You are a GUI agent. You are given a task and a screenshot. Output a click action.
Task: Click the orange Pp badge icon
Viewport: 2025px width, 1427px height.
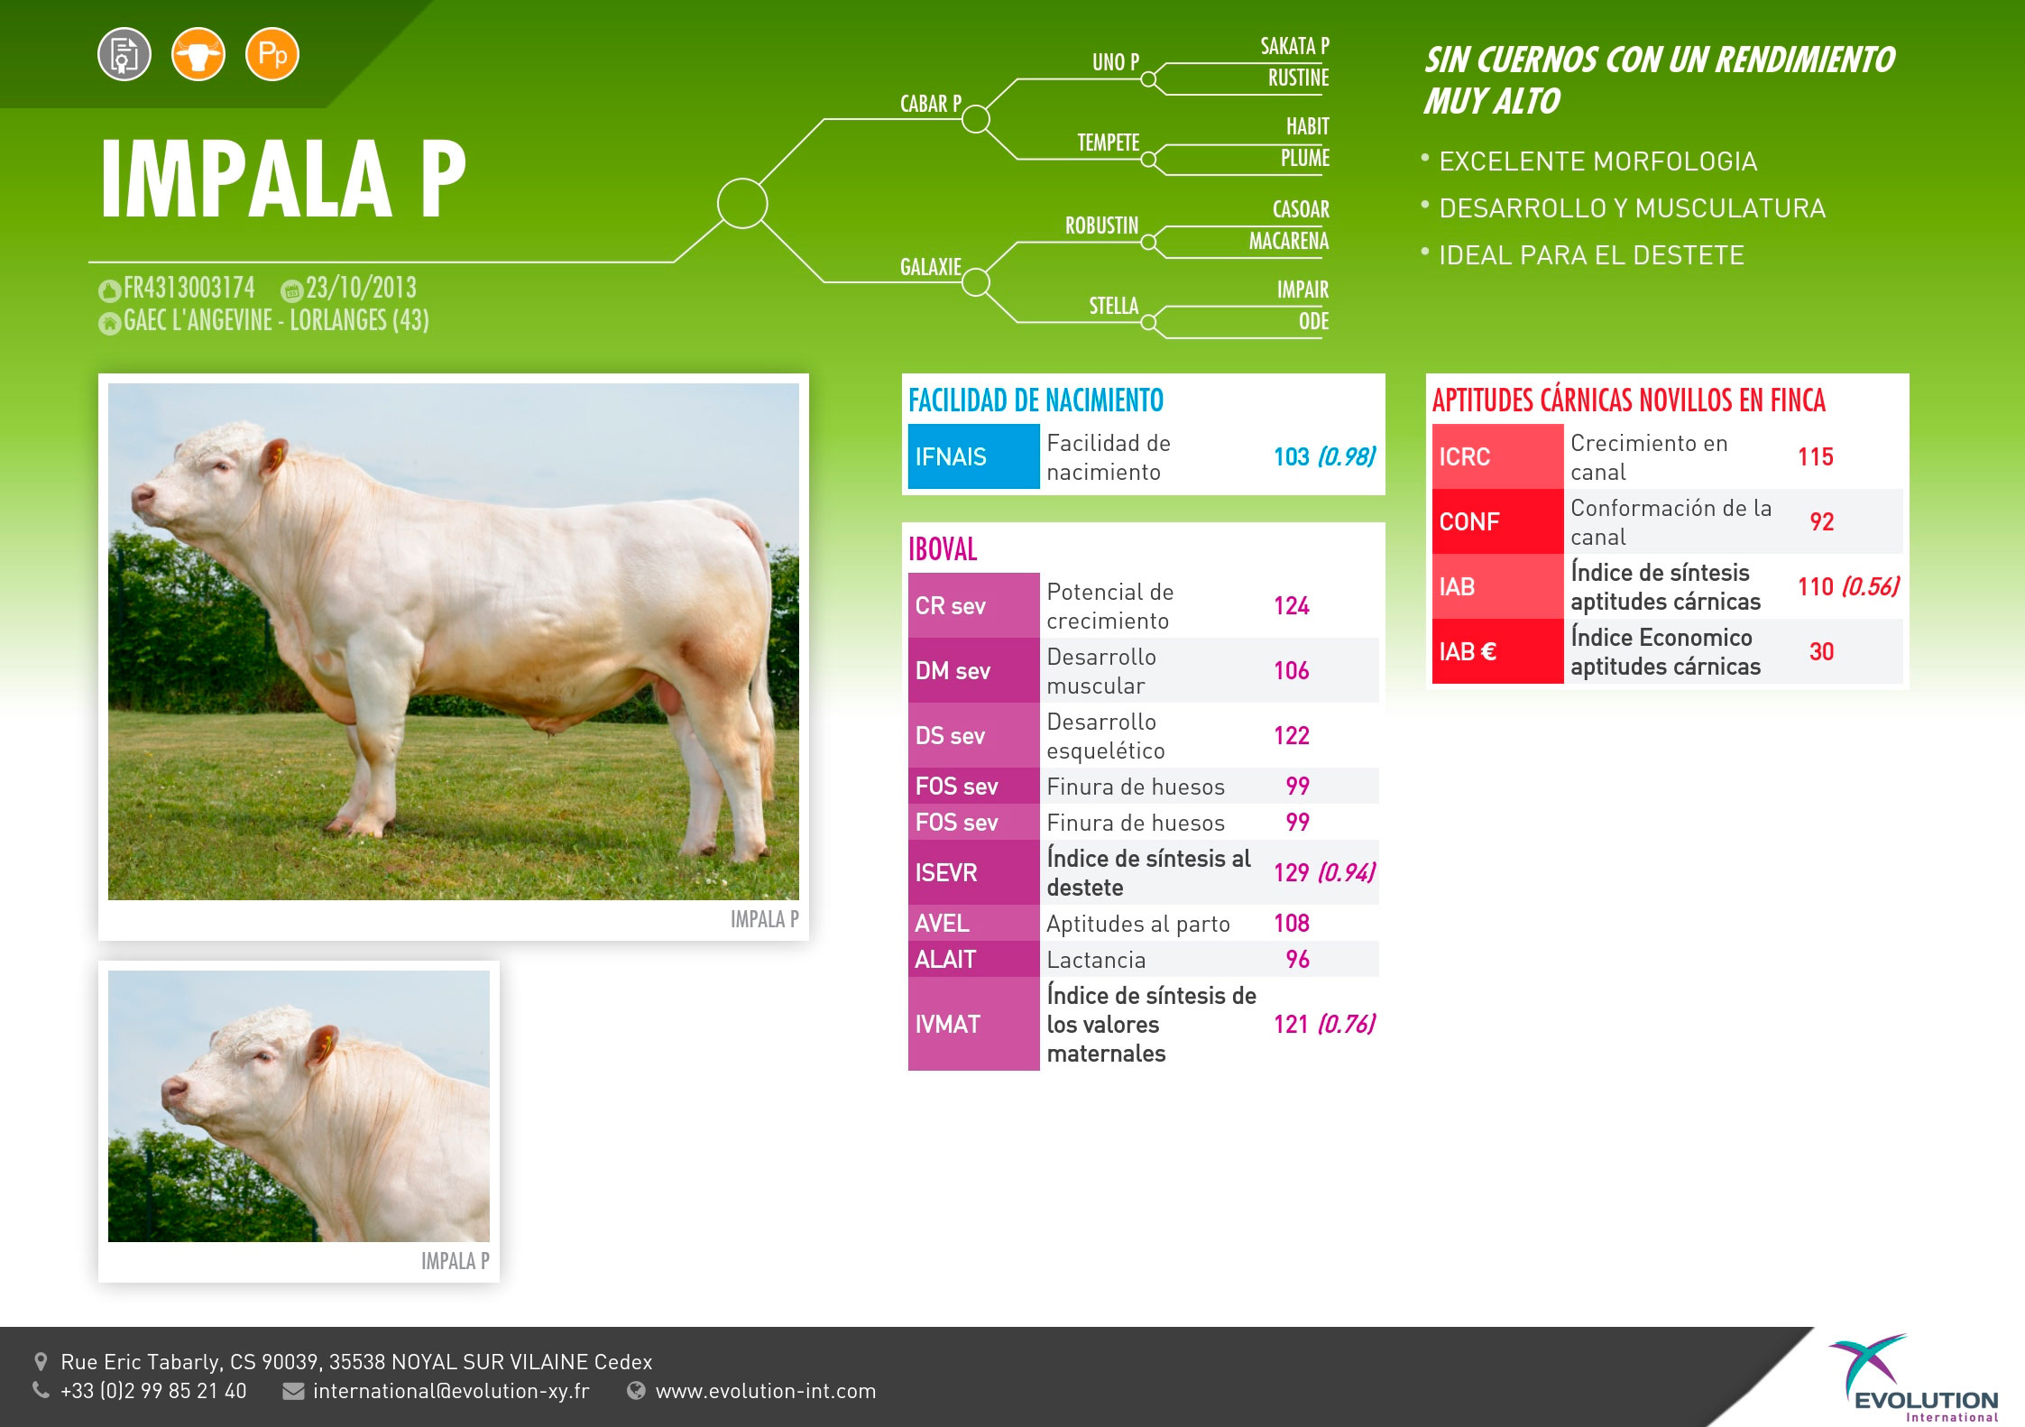272,55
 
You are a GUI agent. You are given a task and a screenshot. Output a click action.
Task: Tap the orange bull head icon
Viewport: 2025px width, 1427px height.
198,55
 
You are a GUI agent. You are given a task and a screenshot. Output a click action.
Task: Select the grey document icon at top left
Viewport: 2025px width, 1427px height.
124,55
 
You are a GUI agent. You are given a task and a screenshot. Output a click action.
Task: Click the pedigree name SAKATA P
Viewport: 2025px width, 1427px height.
1294,46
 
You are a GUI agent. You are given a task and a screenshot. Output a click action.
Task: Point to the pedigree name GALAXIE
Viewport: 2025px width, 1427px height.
931,267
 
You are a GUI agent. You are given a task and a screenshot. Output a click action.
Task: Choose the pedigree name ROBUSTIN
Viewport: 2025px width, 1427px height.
1101,226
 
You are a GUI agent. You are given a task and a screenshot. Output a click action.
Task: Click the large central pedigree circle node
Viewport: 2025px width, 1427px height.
742,203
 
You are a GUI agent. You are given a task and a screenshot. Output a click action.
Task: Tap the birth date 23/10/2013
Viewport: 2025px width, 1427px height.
361,288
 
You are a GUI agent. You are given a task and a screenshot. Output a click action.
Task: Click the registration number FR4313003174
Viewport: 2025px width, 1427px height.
189,288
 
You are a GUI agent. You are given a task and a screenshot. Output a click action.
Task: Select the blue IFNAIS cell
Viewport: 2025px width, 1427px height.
973,456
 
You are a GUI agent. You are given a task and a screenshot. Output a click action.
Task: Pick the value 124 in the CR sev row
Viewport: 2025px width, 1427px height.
1291,605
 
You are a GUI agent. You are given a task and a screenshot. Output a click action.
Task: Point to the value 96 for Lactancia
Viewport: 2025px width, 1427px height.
1297,959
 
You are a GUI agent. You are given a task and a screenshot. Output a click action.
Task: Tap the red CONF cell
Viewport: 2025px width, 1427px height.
1497,521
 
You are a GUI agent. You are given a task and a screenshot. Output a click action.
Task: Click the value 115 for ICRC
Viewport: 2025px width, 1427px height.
1815,456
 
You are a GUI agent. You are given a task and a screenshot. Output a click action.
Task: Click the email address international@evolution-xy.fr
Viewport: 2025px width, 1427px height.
451,1391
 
